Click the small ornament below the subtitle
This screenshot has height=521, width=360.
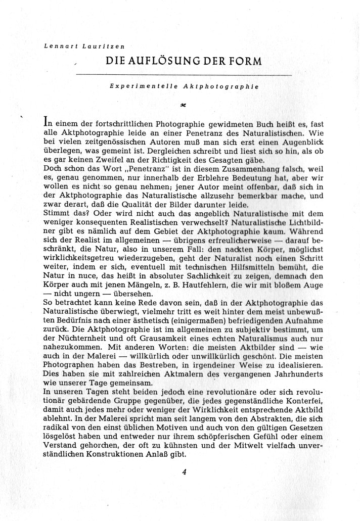click(x=183, y=106)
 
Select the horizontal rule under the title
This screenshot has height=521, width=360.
click(x=183, y=75)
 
